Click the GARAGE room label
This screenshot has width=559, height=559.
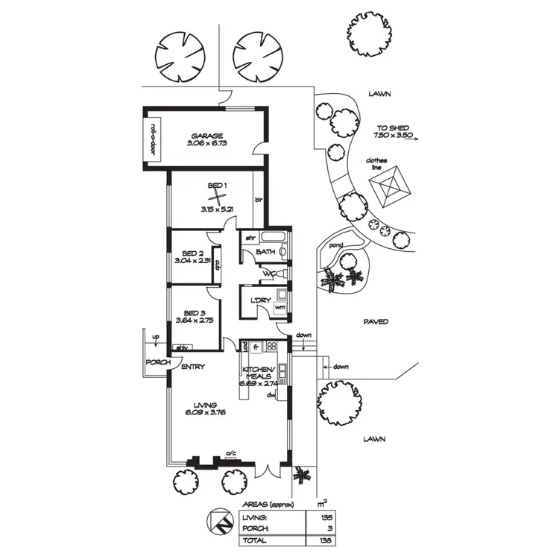[x=206, y=136]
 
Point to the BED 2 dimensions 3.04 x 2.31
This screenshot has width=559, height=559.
[x=190, y=262]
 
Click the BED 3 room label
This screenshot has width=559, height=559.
[x=189, y=312]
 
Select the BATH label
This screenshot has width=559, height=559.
[x=266, y=253]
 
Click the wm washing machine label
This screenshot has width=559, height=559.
[x=280, y=307]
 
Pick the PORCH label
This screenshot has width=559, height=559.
[x=159, y=363]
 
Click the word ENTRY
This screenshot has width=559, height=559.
[x=193, y=367]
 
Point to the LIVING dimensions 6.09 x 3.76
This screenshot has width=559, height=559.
[x=204, y=414]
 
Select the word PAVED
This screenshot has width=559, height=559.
[x=376, y=322]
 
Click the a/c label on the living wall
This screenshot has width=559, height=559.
[x=231, y=452]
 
